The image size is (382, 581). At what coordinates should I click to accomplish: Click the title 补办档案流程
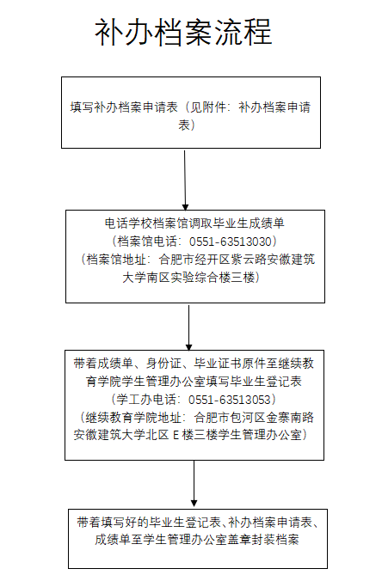point(183,33)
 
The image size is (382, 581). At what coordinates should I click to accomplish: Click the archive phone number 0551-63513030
point(231,242)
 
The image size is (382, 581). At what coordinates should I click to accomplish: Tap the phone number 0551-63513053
point(230,400)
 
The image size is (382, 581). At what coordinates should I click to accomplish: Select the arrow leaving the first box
point(185,180)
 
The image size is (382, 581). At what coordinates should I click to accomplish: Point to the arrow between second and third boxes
point(188,327)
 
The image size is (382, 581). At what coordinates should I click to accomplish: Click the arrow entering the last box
point(194,484)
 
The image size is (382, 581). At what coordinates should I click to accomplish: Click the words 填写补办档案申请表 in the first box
point(124,107)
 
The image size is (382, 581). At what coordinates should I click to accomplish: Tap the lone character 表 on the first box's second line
point(184,125)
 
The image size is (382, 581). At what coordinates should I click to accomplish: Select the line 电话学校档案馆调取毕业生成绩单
point(194,223)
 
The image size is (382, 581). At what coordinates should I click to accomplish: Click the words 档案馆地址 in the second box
point(116,260)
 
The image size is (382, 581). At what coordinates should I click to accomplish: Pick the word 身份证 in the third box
point(163,364)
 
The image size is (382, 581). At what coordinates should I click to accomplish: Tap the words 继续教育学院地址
point(133,418)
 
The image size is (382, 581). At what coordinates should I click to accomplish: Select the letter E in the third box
point(176,435)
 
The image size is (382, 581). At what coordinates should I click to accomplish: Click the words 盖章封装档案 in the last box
point(263,540)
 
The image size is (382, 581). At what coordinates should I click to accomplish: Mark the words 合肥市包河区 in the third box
point(230,418)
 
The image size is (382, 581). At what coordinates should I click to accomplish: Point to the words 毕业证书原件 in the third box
point(230,364)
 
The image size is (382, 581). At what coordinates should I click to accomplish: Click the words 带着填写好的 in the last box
point(113,523)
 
